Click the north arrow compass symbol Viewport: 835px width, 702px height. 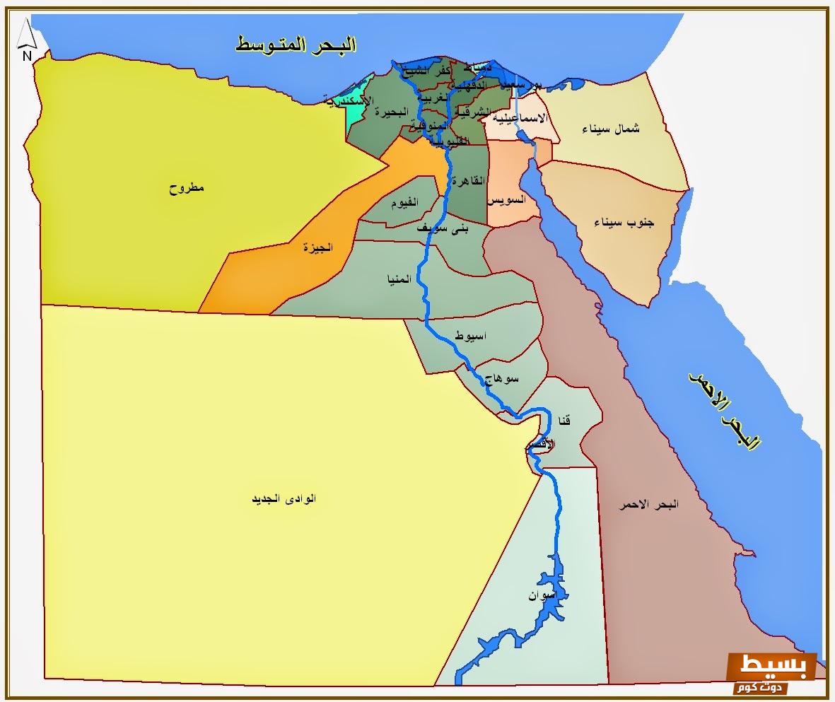26,40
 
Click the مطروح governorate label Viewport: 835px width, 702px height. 186,188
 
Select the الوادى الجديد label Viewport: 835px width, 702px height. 284,498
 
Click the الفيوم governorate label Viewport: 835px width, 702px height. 404,203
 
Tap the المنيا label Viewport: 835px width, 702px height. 398,279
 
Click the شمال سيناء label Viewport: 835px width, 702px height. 611,129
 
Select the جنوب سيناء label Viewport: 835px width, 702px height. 624,223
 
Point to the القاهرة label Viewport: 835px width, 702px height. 469,181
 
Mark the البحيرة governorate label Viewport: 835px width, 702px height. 392,112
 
